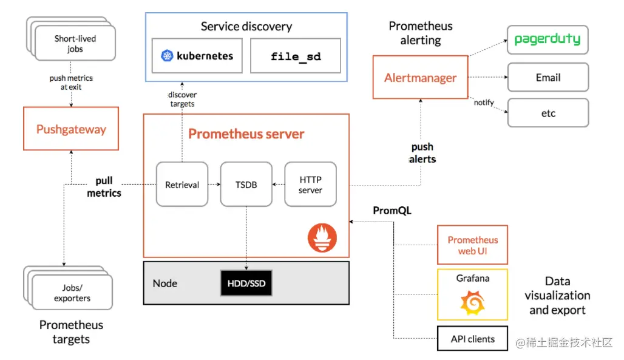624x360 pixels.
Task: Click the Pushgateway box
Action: [x=71, y=129]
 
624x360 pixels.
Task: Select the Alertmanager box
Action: [x=420, y=77]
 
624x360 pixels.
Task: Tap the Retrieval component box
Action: [x=182, y=185]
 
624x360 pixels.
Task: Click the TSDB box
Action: [x=246, y=185]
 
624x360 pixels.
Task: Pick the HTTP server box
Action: [x=310, y=185]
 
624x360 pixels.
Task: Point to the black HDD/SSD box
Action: [x=246, y=284]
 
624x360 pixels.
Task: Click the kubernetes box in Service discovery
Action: [x=197, y=56]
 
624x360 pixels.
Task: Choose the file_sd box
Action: [x=296, y=56]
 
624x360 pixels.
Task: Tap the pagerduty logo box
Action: [x=548, y=40]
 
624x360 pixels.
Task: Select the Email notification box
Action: [x=548, y=77]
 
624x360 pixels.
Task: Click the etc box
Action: [x=548, y=113]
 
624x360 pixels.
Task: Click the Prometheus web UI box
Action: [x=472, y=245]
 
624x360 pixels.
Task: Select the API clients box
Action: [x=472, y=339]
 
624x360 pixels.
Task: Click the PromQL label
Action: [x=392, y=211]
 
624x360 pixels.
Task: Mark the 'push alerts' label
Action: [x=422, y=152]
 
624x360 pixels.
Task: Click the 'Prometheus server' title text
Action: [x=246, y=134]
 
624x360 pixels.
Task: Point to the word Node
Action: [x=164, y=284]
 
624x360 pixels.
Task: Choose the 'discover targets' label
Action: [x=182, y=100]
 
